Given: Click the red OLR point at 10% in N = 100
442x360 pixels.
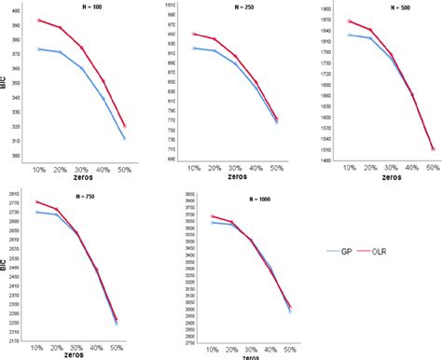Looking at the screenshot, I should [x=38, y=20].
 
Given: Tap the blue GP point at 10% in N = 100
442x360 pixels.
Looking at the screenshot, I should [x=38, y=48].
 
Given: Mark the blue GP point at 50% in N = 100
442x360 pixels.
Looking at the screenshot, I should [x=125, y=138].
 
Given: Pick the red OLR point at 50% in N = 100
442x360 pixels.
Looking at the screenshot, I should [x=125, y=126].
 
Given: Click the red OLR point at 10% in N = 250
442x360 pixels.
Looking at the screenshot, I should [x=193, y=34].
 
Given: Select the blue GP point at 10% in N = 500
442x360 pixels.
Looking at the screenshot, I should [x=349, y=35].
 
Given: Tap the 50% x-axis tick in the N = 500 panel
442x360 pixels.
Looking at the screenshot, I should [x=434, y=167].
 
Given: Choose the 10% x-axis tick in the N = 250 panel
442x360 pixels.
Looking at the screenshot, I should [x=193, y=167].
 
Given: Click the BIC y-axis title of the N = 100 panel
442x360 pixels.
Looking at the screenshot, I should [x=4, y=81].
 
